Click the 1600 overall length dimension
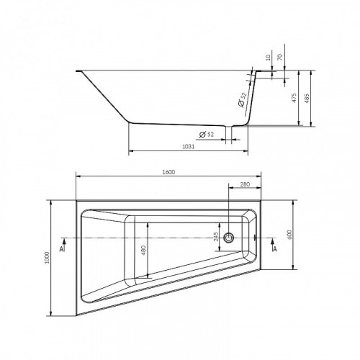tap(168, 172)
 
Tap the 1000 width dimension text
tap(47, 258)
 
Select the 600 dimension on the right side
tap(289, 235)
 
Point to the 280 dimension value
tap(245, 184)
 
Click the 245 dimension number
tap(216, 237)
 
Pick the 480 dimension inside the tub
tap(143, 251)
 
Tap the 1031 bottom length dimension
tap(189, 146)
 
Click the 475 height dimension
tap(294, 98)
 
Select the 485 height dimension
tap(307, 98)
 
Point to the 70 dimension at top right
tap(280, 57)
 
